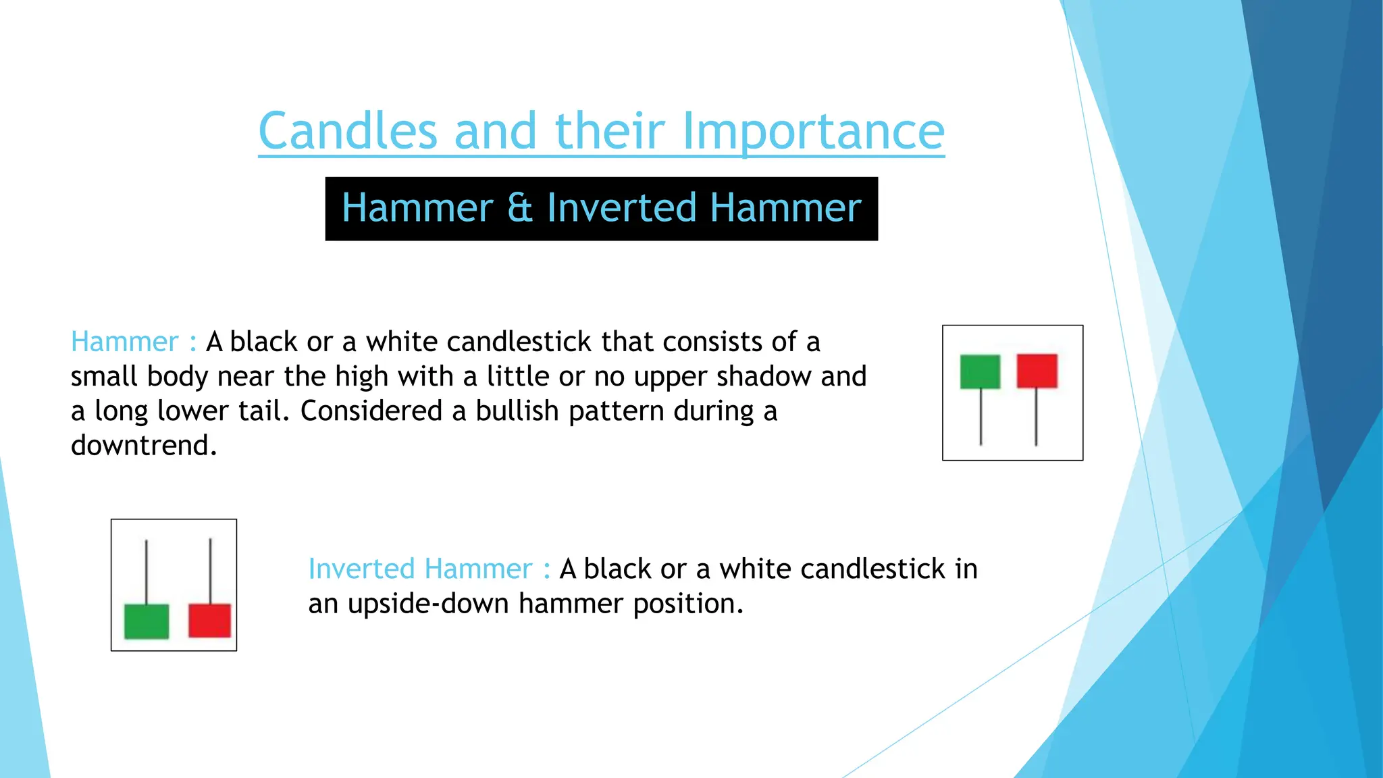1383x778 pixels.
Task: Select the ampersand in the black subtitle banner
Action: click(519, 207)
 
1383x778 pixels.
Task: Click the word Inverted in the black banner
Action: click(621, 207)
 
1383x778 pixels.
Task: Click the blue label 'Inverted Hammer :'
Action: click(429, 569)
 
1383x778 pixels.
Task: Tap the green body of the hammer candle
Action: click(980, 371)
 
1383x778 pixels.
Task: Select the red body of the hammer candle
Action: click(1037, 371)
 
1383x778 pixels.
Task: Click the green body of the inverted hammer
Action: click(147, 621)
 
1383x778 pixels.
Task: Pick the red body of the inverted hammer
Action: click(210, 620)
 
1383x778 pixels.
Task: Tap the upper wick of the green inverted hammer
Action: click(147, 571)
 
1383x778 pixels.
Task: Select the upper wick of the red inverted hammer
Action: click(211, 571)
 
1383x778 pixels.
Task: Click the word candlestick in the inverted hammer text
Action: click(872, 569)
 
